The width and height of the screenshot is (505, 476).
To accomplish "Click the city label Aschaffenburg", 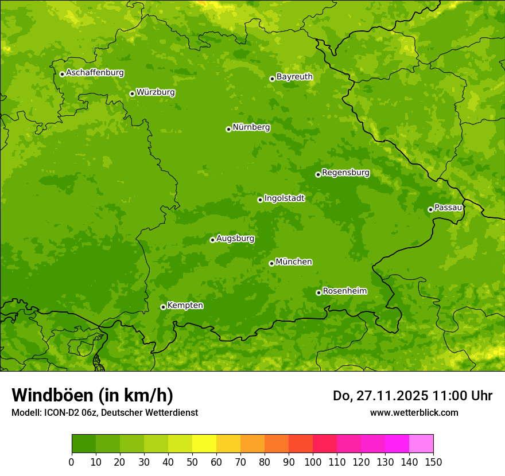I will pos(95,73).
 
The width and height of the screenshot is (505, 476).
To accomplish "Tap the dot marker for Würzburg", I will pos(132,93).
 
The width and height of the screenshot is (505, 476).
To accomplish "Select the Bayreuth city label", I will pos(294,77).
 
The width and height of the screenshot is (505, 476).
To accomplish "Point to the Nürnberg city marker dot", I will pos(228,129).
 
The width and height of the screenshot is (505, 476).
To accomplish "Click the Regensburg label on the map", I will pos(345,173).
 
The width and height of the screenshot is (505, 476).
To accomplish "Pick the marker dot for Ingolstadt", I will pos(260,200).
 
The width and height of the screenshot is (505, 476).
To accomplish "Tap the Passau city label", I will pos(448,208).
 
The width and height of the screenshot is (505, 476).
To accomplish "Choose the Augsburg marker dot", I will pos(212,240).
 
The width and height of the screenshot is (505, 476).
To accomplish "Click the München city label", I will pos(294,262).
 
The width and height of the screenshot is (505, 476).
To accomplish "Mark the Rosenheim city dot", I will pos(318,292).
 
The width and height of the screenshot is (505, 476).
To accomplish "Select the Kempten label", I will pos(185,306).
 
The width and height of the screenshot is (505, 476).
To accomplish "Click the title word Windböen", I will pos(52,395).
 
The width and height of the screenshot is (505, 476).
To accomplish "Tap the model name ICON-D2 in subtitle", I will pos(66,413).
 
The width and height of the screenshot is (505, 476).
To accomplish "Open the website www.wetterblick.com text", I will pos(414,413).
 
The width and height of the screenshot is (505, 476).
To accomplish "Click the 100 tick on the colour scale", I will pos(313,461).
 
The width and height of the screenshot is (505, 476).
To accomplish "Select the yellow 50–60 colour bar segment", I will pos(204,443).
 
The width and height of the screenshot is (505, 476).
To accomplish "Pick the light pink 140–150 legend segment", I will pos(421,443).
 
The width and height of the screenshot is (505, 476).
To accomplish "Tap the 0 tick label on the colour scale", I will pos(72,461).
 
